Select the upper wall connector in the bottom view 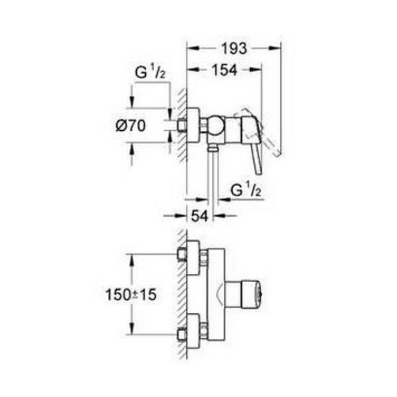pyautogui.click(x=189, y=256)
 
